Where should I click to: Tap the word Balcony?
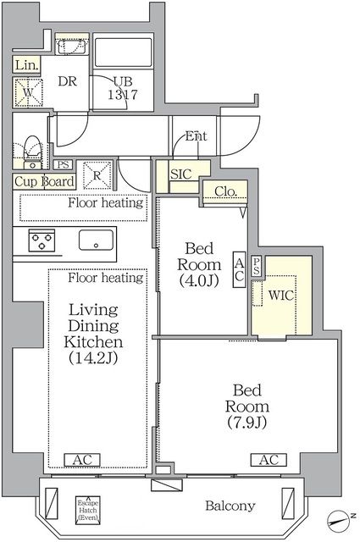click(230, 506)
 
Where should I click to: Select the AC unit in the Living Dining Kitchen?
click(83, 460)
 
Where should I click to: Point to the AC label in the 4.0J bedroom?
click(240, 269)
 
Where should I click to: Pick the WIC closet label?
click(281, 297)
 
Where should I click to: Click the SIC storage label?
click(180, 174)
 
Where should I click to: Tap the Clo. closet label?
click(224, 191)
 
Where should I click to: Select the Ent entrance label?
click(196, 135)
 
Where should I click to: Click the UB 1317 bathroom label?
click(125, 87)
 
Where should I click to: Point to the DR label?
click(68, 81)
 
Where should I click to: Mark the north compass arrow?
click(340, 518)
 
